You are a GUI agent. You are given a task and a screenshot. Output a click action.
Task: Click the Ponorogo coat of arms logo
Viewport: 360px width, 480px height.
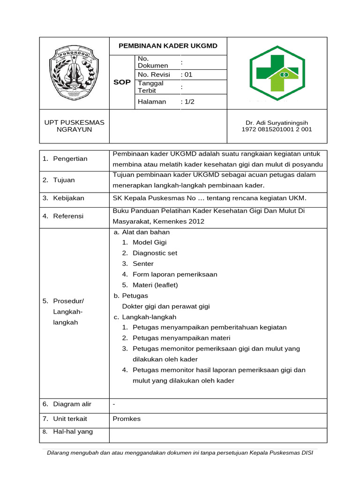(74, 73)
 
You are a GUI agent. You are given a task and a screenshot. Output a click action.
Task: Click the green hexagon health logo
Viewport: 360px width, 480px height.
(277, 73)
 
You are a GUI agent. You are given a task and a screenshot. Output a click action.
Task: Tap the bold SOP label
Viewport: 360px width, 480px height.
(122, 82)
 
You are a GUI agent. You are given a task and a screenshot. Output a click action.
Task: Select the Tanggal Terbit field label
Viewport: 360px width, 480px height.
(150, 87)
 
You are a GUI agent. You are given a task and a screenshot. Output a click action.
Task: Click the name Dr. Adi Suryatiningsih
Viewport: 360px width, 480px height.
(277, 122)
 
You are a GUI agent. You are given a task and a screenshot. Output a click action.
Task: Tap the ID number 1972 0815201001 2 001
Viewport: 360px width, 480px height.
(277, 129)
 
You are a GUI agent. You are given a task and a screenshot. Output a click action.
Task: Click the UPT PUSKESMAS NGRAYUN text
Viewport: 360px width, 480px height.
(74, 126)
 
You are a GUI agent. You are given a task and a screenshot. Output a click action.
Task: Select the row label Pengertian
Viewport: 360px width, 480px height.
(70, 159)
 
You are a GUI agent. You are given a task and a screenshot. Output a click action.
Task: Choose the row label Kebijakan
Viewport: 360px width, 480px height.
(68, 198)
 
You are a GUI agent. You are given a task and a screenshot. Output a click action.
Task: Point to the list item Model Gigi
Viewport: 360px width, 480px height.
(149, 242)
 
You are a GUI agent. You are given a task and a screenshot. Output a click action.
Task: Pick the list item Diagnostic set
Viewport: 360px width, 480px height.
(155, 253)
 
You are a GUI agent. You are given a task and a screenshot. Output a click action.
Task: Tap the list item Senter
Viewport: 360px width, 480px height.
(143, 264)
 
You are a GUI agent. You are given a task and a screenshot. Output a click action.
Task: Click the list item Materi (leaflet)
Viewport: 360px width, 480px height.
(155, 285)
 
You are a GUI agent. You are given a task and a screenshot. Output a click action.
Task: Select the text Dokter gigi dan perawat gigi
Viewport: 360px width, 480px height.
(165, 307)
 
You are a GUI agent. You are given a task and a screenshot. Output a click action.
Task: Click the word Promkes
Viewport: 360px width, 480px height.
(127, 419)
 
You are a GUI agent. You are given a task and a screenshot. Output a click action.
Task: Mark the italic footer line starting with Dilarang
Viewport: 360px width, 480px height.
(180, 453)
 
